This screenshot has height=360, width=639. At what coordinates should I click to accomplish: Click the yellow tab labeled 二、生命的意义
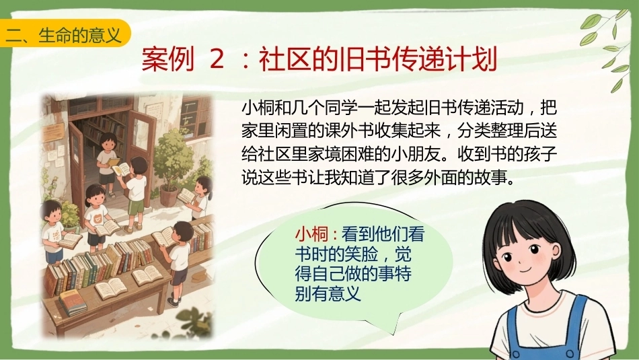pos(65,34)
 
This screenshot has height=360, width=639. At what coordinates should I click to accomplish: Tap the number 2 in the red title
pos(217,59)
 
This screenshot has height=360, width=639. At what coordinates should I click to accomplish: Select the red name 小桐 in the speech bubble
pos(311,234)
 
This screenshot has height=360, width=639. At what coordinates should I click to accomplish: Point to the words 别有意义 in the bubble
pos(328,293)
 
